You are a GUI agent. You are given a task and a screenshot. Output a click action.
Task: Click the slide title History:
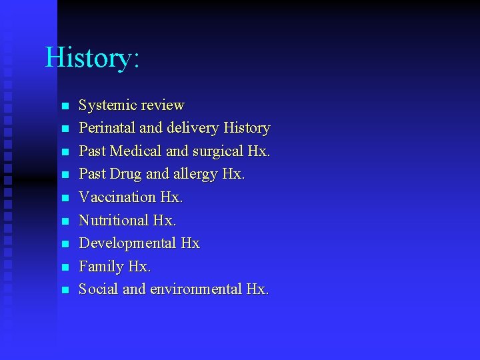tap(92, 57)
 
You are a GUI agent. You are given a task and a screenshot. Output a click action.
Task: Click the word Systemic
tap(105, 105)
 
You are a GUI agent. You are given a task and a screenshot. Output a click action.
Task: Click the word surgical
tap(217, 152)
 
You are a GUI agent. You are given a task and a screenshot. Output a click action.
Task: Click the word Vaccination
tap(117, 197)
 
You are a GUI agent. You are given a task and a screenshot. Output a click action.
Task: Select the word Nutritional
tap(113, 220)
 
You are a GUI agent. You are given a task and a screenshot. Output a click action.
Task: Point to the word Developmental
tap(127, 244)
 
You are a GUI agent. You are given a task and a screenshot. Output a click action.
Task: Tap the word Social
tap(98, 289)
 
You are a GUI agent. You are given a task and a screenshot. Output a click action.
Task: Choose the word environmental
tap(196, 289)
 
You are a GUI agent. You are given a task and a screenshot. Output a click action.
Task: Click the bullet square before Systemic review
tap(64, 106)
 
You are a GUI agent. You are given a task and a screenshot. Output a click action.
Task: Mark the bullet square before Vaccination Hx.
tap(64, 198)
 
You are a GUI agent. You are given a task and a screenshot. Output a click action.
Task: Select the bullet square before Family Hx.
tap(64, 267)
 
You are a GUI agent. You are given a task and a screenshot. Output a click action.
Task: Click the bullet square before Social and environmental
tap(64, 290)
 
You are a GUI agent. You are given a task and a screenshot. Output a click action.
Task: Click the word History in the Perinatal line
tap(247, 128)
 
